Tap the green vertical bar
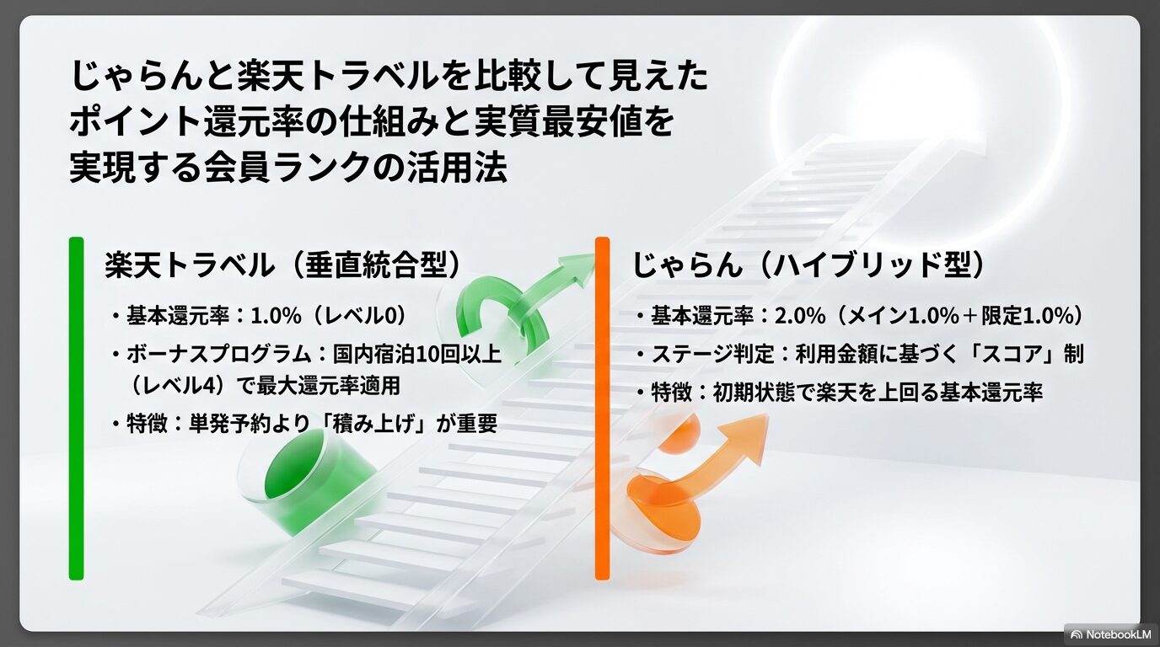[x=76, y=409]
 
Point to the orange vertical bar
[x=602, y=409]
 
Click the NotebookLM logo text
[x=1116, y=633]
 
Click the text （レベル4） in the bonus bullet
[x=167, y=386]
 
